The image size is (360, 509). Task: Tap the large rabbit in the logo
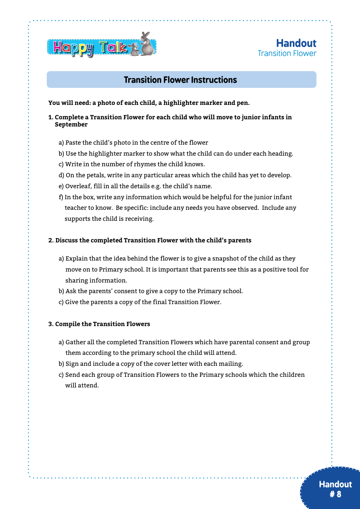tap(147, 45)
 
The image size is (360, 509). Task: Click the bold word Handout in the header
tap(296, 43)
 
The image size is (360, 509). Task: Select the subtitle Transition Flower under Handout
tap(287, 53)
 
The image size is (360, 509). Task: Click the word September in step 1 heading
tap(71, 125)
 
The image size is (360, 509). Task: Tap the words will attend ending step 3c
tap(82, 386)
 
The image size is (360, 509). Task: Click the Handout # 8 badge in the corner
tap(335, 489)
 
